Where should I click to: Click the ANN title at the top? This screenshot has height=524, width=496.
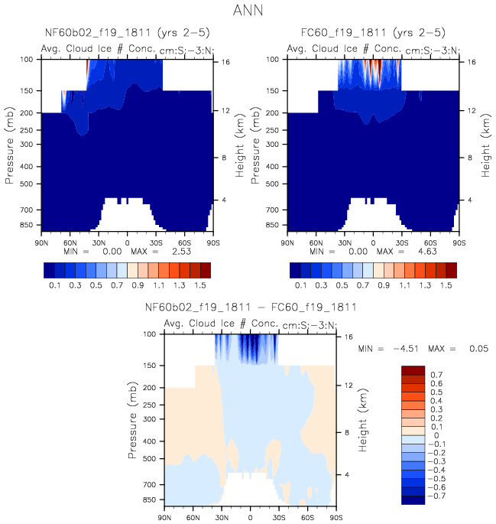tap(248, 13)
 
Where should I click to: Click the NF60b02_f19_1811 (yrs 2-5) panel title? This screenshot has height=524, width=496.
tap(127, 34)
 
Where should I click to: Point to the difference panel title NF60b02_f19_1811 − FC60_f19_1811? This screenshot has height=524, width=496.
tap(251, 308)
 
